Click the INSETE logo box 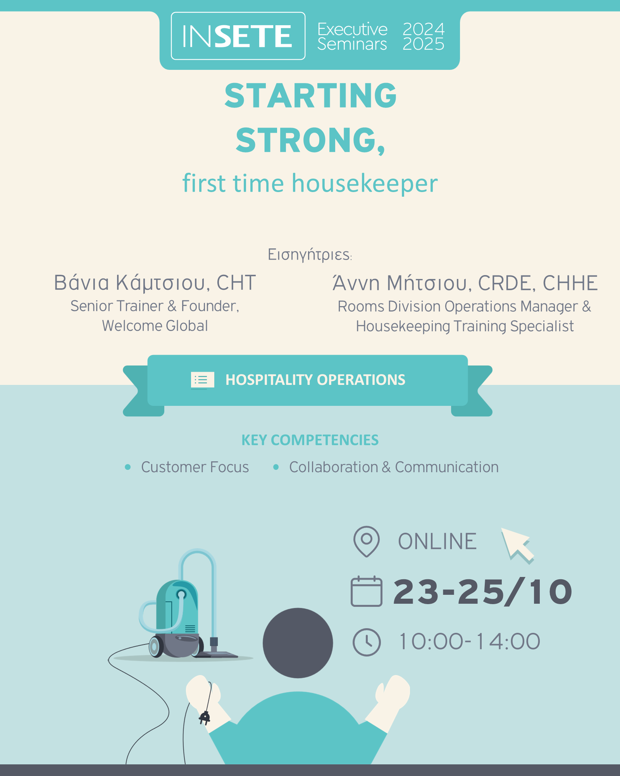[x=238, y=36]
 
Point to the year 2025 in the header [x=424, y=44]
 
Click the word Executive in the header [x=352, y=29]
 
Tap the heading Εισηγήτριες [x=310, y=255]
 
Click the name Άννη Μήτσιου [x=400, y=282]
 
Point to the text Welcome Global [x=155, y=326]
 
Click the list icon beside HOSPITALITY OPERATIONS [x=202, y=380]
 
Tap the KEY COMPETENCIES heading [x=310, y=440]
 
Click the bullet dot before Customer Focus [x=127, y=467]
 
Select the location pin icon [x=366, y=541]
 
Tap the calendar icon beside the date [x=366, y=591]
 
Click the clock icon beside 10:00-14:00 [x=367, y=642]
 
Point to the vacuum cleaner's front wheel [x=156, y=646]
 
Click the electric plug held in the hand [x=205, y=717]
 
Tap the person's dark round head [x=298, y=643]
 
